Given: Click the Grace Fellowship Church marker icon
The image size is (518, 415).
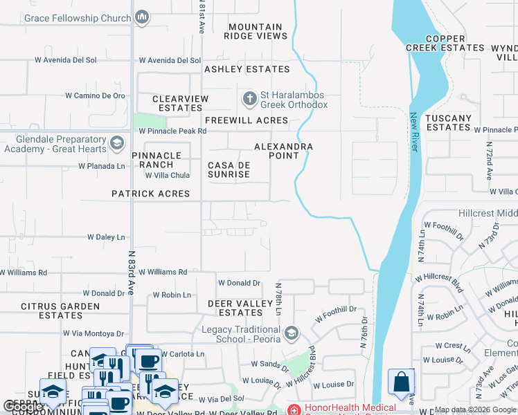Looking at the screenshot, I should [142, 17].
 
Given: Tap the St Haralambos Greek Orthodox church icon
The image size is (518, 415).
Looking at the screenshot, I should [249, 99].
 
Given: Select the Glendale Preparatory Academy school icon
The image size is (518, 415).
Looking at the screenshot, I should [116, 143].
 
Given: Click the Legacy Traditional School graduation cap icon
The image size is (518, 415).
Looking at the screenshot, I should [291, 334].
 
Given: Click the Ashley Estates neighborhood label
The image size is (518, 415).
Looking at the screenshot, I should [247, 69].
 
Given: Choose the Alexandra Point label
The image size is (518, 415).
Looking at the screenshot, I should [283, 151].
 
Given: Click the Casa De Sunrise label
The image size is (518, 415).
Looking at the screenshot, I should [229, 169].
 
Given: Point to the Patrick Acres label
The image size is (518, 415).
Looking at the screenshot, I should [150, 194].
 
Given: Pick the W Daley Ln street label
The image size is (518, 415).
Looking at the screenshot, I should [106, 237].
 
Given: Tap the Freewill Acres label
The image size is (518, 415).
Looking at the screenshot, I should [247, 120].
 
